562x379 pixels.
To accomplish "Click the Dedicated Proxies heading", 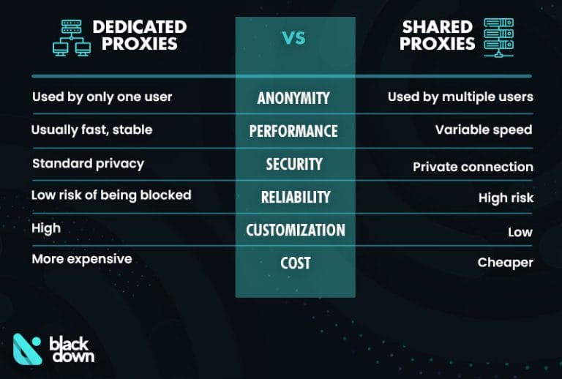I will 139,35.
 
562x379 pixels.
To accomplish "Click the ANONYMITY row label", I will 293,98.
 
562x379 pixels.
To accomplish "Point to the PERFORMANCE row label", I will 293,131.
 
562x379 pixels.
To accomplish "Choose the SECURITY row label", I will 293,164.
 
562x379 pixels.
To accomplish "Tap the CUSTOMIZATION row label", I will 295,230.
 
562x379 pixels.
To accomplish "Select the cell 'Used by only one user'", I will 102,97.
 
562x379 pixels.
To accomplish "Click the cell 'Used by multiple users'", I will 460,97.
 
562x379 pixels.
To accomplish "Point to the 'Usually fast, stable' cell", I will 91,130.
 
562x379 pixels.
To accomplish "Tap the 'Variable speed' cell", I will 483,130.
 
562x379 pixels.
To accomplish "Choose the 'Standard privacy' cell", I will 87,163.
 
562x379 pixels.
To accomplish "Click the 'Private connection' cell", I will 473,167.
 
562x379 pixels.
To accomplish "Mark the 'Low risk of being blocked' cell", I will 111,195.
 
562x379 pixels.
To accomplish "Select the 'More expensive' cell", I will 82,259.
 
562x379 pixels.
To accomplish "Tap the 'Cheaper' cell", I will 505,262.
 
